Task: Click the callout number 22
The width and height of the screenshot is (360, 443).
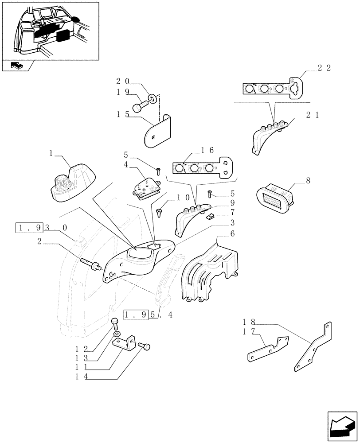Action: pos(325,68)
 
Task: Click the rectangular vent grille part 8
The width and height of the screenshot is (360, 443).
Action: pos(276,198)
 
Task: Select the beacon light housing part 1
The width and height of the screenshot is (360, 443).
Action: pos(72,183)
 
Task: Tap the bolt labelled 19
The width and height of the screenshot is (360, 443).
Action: pos(141,107)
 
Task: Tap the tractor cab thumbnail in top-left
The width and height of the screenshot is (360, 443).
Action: pos(50,31)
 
